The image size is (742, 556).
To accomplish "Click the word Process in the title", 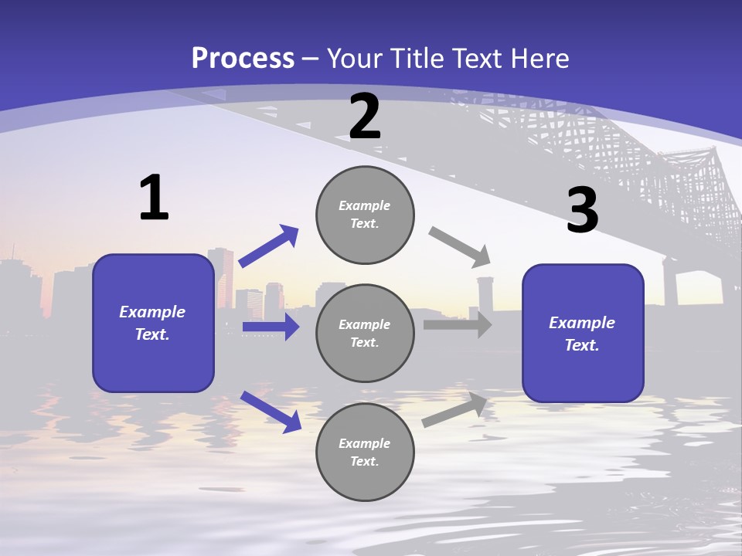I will point(243,58).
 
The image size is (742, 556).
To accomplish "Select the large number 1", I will point(154,198).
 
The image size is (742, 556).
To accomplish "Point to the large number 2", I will point(365,117).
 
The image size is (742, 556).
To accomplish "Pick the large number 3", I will point(582,211).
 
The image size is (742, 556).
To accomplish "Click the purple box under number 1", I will point(153,323).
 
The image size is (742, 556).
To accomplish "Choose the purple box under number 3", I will point(583,334).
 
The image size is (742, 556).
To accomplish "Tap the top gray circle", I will point(365,215).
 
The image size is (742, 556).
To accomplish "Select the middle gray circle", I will point(365,333).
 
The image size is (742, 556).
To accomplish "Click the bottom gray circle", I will point(365,452).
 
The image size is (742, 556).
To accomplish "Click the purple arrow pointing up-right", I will point(268,246).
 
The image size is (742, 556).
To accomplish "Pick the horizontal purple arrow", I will point(271,327).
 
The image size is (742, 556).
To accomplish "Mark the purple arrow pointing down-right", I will point(271,411).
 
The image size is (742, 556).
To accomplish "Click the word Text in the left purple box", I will point(151,334).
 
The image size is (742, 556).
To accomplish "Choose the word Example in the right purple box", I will point(582,323).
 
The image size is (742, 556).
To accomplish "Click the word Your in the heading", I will point(352,58).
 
